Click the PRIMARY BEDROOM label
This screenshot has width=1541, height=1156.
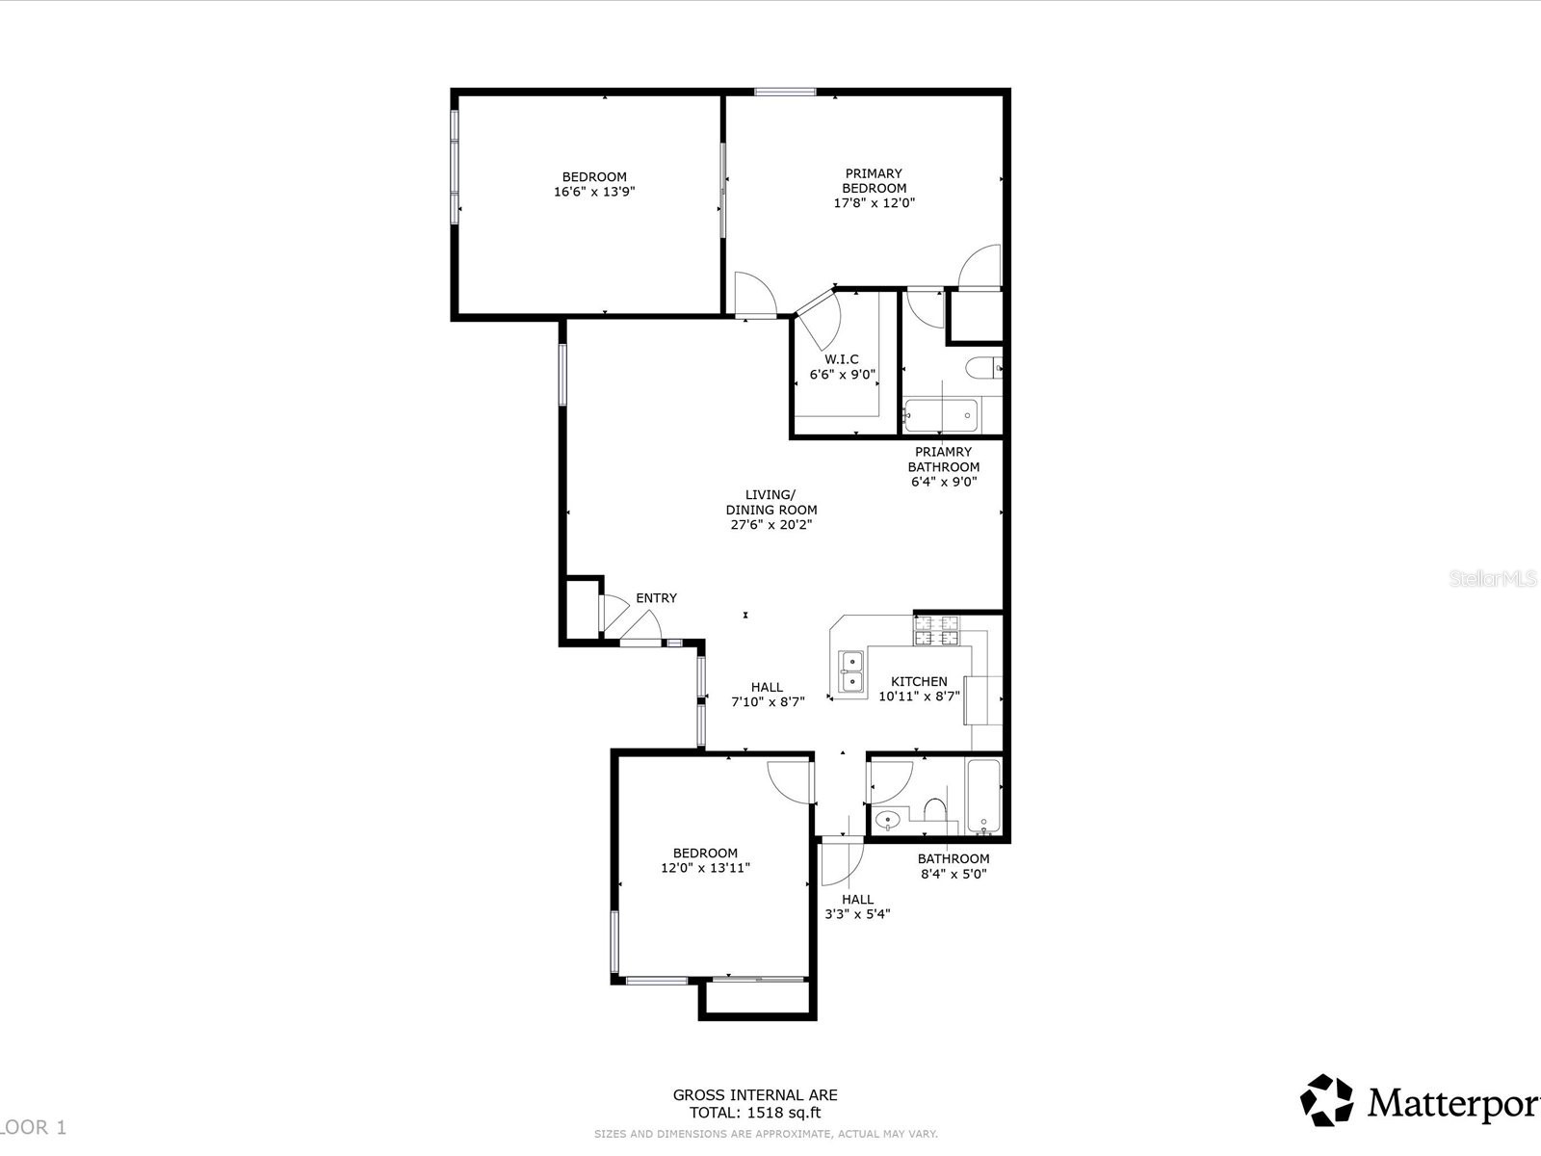(874, 181)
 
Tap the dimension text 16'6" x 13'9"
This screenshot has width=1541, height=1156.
(594, 192)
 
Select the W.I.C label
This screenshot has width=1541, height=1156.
(841, 359)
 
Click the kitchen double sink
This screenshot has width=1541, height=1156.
(850, 671)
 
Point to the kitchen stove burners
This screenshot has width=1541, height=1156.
(937, 631)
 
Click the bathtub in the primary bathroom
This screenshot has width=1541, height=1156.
(941, 416)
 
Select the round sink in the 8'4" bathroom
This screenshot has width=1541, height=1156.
(887, 821)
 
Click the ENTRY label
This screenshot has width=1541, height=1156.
(656, 598)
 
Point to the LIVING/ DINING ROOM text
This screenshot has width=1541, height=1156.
(771, 502)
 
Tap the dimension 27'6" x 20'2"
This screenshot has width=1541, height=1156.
(771, 525)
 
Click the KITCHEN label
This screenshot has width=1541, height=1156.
(918, 681)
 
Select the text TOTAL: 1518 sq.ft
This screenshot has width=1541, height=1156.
(754, 1113)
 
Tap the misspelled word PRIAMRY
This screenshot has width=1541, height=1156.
(943, 452)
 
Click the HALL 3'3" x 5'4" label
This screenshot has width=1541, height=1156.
(857, 906)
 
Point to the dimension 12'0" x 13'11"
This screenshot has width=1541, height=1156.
(705, 868)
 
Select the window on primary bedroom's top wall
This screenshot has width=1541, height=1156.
(784, 92)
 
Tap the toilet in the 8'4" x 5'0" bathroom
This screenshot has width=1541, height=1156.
(933, 811)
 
